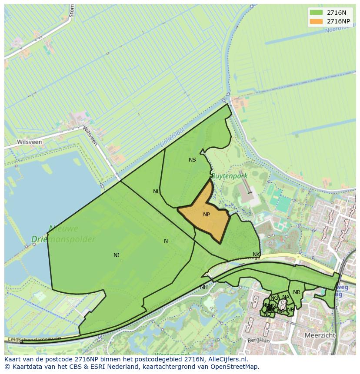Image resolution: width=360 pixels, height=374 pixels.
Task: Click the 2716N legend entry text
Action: pyautogui.click(x=337, y=13)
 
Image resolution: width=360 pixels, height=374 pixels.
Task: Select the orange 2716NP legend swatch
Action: pyautogui.click(x=316, y=21)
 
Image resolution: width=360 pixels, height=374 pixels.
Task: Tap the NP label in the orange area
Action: pyautogui.click(x=207, y=215)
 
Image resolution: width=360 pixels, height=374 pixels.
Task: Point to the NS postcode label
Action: pyautogui.click(x=192, y=160)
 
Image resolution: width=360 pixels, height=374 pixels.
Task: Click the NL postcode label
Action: pyautogui.click(x=157, y=192)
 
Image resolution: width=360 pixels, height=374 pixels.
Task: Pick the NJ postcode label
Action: pyautogui.click(x=117, y=255)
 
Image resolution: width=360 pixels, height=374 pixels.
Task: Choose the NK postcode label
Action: pyautogui.click(x=256, y=255)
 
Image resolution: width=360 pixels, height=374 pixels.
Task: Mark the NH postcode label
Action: pyautogui.click(x=204, y=287)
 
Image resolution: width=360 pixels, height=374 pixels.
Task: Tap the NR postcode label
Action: pyautogui.click(x=297, y=292)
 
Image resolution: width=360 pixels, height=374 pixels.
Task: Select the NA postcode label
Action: pyautogui.click(x=286, y=298)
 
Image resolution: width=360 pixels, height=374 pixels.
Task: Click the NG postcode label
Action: pyautogui.click(x=274, y=298)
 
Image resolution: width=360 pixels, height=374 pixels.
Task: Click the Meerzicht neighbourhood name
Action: pyautogui.click(x=320, y=336)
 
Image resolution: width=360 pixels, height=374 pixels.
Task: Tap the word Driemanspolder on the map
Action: pyautogui.click(x=63, y=239)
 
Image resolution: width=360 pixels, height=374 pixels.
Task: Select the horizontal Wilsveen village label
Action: pyautogui.click(x=30, y=142)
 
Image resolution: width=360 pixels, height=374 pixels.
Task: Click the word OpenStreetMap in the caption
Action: pyautogui.click(x=235, y=367)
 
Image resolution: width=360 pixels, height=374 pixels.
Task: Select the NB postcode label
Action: pyautogui.click(x=290, y=309)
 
